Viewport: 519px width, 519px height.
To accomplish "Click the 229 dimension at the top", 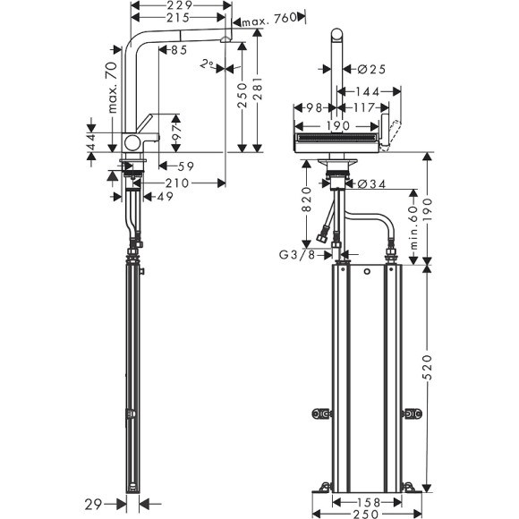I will coord(176,5).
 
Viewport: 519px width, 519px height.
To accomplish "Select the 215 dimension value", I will coord(176,18).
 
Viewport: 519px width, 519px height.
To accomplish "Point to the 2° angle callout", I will coord(208,64).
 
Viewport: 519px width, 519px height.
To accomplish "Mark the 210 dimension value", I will coord(177,183).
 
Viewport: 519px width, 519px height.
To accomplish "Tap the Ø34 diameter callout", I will coord(373,185).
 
